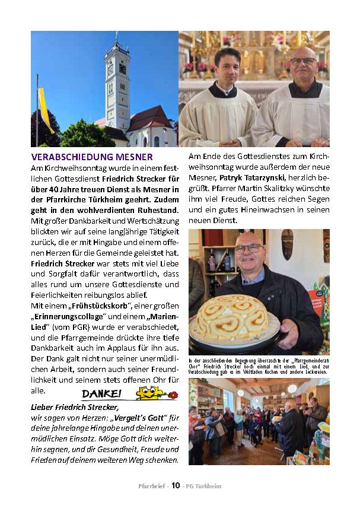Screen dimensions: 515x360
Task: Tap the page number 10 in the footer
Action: click(x=176, y=485)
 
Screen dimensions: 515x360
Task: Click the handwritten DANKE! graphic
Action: click(x=101, y=394)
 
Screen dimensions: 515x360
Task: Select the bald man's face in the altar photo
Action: click(x=303, y=66)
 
